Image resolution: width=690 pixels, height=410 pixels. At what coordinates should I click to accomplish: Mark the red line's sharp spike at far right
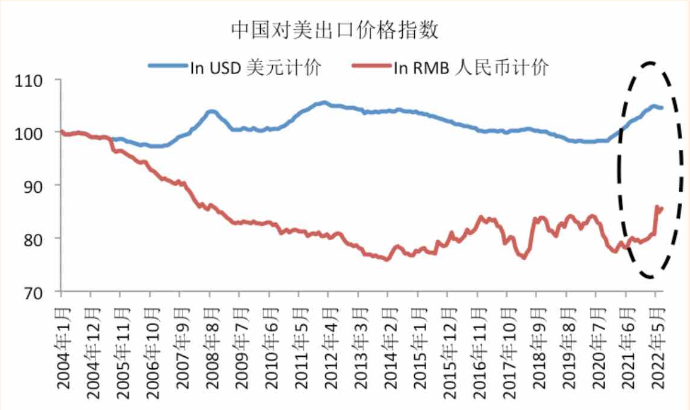tap(657, 207)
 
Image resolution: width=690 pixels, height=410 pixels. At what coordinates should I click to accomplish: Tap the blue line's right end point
tap(661, 108)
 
